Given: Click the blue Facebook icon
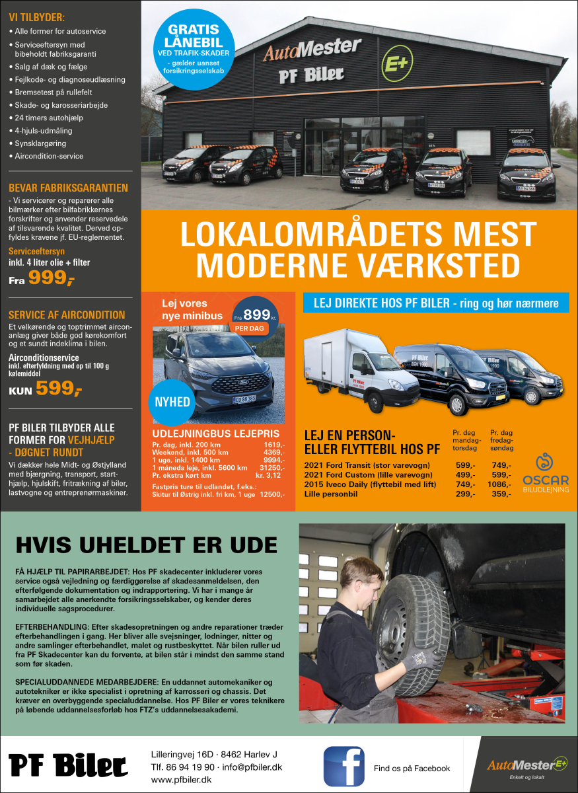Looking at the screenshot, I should (343, 766).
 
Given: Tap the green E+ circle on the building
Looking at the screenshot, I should (396, 64).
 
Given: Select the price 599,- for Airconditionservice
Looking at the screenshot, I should (58, 389).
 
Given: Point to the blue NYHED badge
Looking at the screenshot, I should (172, 402).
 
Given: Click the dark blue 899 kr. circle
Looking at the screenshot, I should (256, 316).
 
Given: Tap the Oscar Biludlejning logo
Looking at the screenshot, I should (545, 470).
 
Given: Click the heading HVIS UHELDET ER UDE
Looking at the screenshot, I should (147, 545).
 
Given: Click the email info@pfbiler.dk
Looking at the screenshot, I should (252, 767).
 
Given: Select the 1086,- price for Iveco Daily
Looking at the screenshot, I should (501, 484).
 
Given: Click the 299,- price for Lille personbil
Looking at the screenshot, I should (466, 494).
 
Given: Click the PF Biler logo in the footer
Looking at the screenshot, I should (69, 766).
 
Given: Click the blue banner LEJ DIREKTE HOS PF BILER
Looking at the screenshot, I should (435, 303).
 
